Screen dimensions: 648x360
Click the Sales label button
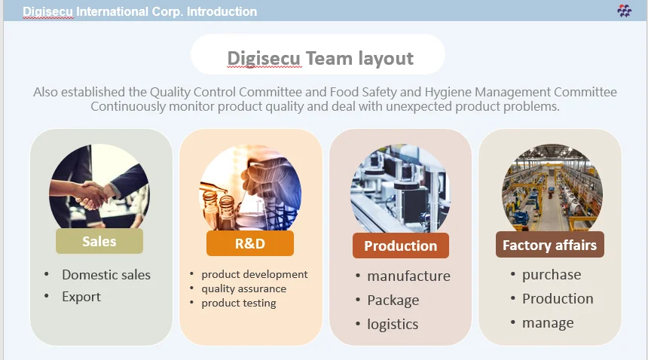pyautogui.click(x=99, y=241)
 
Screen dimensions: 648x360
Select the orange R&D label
pyautogui.click(x=250, y=243)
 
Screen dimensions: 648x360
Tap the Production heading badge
pyautogui.click(x=400, y=246)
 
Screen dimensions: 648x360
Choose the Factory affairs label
pyautogui.click(x=549, y=245)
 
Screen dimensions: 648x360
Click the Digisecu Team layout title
pyautogui.click(x=319, y=58)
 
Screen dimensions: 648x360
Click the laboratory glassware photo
pyautogui.click(x=250, y=188)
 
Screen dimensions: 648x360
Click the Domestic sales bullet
pyautogui.click(x=106, y=275)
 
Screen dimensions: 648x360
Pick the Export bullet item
pyautogui.click(x=81, y=297)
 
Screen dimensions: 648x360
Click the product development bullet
pyautogui.click(x=255, y=274)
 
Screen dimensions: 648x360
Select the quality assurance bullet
pyautogui.click(x=243, y=288)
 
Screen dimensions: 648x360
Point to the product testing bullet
pyautogui.click(x=239, y=303)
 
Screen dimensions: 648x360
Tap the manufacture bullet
pyautogui.click(x=408, y=276)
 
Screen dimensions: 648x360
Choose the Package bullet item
pyautogui.click(x=393, y=301)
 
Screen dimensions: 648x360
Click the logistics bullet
pyautogui.click(x=393, y=325)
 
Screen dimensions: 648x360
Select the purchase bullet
pyautogui.click(x=552, y=275)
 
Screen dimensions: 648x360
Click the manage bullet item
pyautogui.click(x=548, y=323)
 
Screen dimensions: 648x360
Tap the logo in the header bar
pyautogui.click(x=624, y=11)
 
